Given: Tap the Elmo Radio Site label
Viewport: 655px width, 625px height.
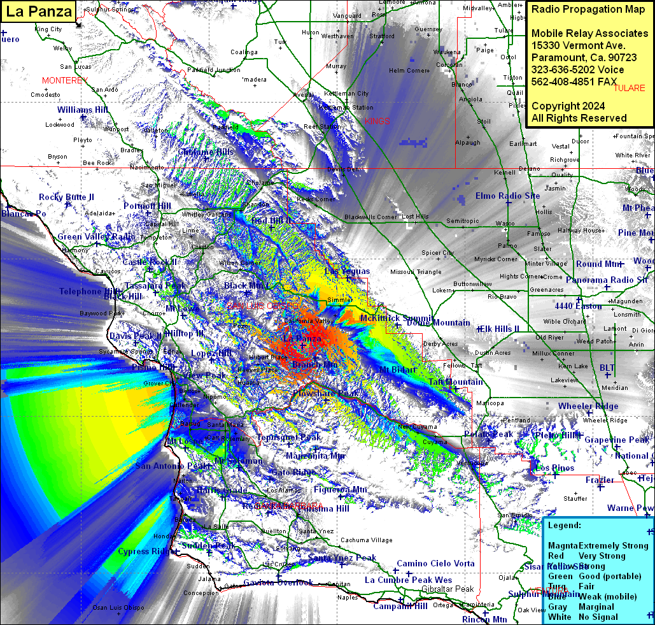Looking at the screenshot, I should pos(507,196).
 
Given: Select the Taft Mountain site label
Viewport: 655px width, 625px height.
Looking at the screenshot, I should pos(455,382).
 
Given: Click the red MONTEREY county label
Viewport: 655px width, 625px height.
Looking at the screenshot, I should pos(64,81).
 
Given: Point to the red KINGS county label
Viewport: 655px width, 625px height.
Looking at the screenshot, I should pos(376,120).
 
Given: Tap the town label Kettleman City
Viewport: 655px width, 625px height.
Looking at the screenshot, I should pos(346,94).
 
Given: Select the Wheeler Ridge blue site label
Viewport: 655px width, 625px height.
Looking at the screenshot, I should pos(588,406).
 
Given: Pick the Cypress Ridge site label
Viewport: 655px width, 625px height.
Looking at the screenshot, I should pos(147,552).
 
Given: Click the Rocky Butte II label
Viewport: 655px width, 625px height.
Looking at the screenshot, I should pos(66,197).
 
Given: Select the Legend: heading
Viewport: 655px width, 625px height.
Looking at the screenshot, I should pos(565,526).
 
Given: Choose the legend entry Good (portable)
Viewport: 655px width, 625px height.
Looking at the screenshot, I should pos(610,577).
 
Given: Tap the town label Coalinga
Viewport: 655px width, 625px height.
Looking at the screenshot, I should pos(244,52).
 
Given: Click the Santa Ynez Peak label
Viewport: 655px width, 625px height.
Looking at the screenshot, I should pos(342,558).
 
